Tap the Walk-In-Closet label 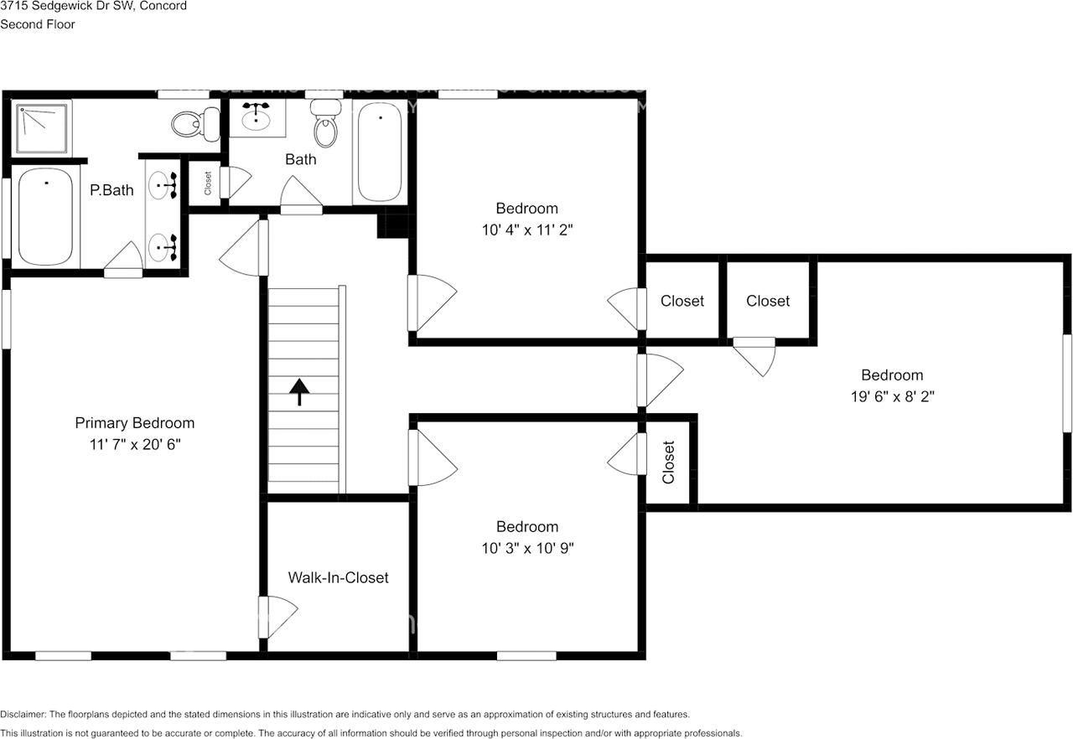click(338, 577)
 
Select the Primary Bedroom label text click(134, 423)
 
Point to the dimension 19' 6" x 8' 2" click(892, 396)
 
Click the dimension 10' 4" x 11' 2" click(526, 229)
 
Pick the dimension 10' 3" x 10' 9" click(526, 548)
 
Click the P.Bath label click(111, 190)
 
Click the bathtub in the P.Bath click(44, 217)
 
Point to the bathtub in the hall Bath click(379, 152)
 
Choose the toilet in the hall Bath click(325, 124)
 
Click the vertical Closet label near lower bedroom click(668, 463)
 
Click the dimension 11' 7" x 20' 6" click(134, 444)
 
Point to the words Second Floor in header click(38, 24)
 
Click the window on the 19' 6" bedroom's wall click(1067, 384)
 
